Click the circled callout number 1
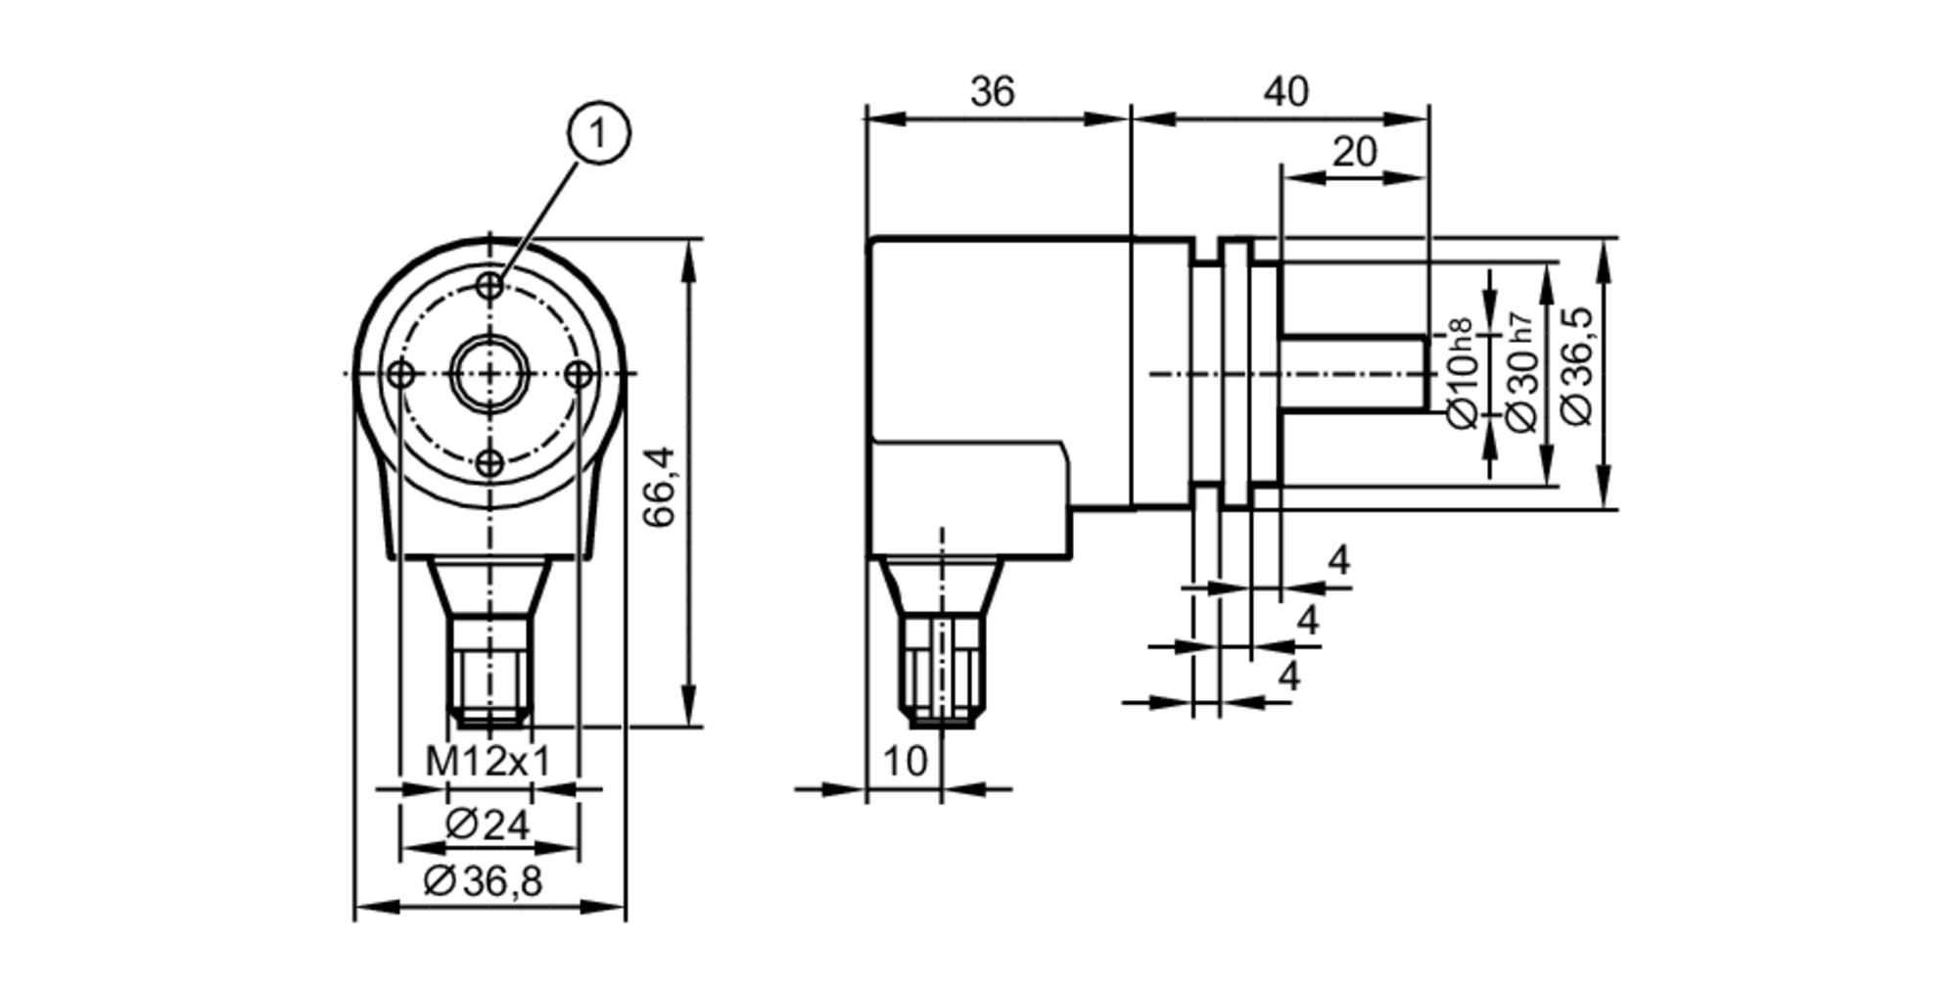click(599, 133)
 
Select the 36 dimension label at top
click(993, 92)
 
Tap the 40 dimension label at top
click(1284, 92)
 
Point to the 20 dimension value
click(1354, 153)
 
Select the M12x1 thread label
click(488, 761)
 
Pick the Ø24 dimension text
click(487, 826)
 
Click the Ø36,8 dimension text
click(483, 882)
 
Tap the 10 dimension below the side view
click(904, 761)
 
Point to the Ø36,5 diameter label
click(1577, 365)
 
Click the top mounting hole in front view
click(489, 286)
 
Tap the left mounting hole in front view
click(399, 373)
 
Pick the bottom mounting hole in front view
click(489, 463)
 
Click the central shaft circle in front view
click(489, 373)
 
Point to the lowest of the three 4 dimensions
click(1290, 677)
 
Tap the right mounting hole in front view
click(580, 373)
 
